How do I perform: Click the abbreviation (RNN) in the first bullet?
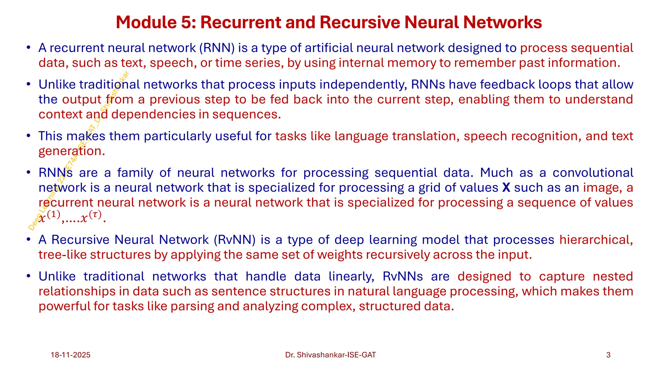[217, 48]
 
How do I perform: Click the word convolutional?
[593, 173]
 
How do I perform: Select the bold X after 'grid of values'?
[506, 188]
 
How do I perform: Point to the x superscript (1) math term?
[49, 217]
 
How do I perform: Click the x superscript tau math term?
[91, 217]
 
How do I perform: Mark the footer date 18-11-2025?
[70, 355]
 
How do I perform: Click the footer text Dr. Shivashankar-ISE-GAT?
[330, 355]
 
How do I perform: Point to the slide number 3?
[608, 355]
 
